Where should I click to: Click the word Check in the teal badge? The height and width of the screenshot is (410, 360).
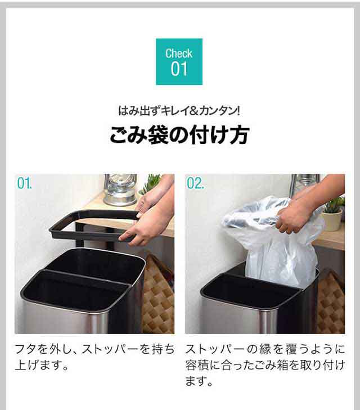pos(179,53)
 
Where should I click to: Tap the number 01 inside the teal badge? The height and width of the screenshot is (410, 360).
pos(179,70)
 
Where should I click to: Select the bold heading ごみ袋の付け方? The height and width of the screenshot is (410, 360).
pos(179,136)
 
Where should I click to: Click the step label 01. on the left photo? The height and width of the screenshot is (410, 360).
pos(25,184)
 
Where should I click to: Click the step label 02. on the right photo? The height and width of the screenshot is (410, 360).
pos(196,184)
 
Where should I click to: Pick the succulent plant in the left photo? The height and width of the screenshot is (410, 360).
pos(151,183)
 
